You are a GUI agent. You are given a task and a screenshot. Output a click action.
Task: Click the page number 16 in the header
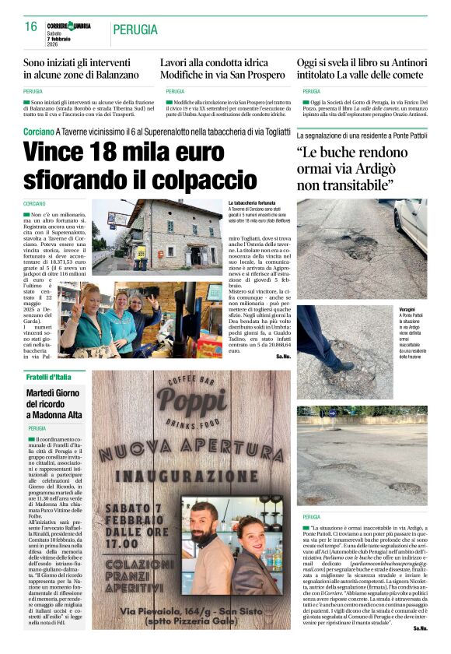pyautogui.click(x=31, y=26)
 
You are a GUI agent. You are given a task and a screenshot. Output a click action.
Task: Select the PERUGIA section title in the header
pyautogui.click(x=135, y=30)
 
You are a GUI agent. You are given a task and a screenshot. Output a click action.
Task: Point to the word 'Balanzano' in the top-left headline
pyautogui.click(x=110, y=75)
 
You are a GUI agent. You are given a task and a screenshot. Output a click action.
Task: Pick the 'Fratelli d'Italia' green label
pyautogui.click(x=49, y=377)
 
